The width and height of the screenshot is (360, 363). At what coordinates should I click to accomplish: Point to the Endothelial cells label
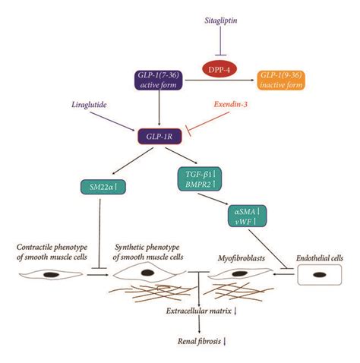(324, 257)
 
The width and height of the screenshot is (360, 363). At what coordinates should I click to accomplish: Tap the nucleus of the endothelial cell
(322, 274)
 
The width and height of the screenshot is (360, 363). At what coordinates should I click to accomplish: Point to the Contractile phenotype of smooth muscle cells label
(50, 254)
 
